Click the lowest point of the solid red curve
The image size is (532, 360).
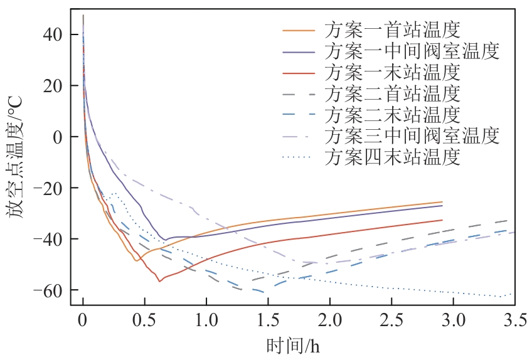(x=159, y=281)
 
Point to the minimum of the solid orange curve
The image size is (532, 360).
(x=137, y=260)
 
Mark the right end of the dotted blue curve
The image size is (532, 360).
(x=511, y=294)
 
